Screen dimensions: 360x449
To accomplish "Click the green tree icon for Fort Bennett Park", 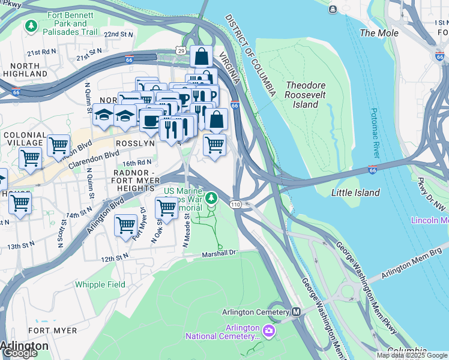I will (31, 26).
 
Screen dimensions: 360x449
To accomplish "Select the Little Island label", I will (355, 193).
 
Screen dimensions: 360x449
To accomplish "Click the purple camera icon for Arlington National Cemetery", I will (268, 330).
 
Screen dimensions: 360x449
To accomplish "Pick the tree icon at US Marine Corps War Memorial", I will (211, 197).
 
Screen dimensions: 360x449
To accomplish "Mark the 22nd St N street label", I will (119, 35).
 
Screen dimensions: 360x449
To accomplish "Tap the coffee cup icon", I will (151, 120).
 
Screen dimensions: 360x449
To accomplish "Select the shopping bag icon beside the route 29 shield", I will (202, 56).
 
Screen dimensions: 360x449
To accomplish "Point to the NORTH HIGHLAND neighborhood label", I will (25, 70).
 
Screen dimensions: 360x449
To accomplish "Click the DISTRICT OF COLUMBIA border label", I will (251, 54).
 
